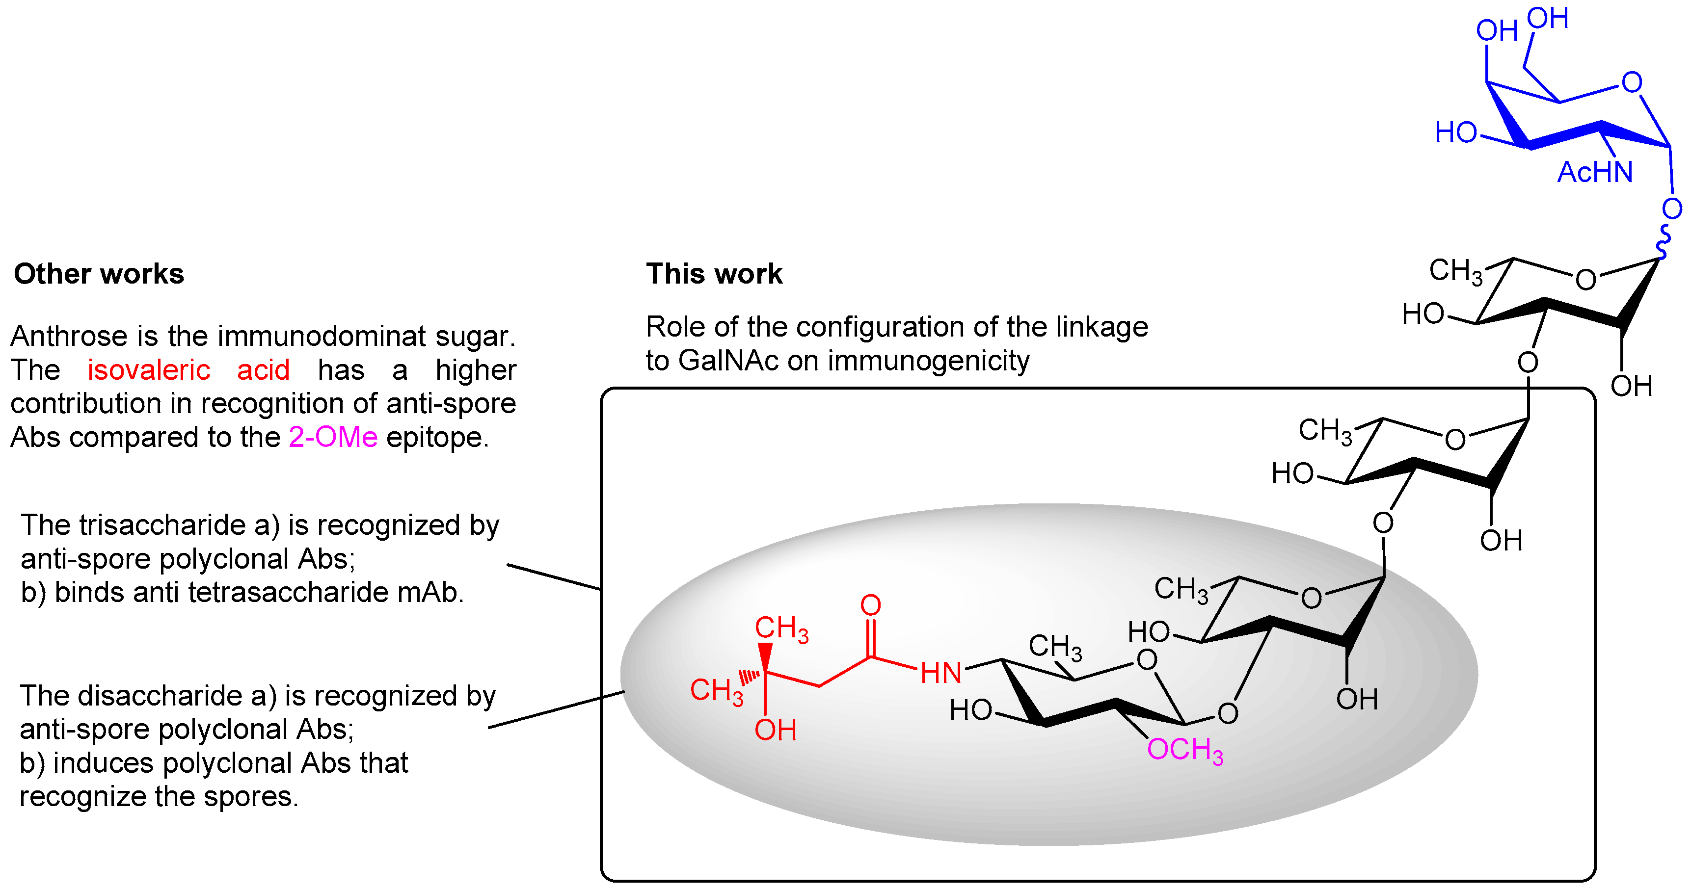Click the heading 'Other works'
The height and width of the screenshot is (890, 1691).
[99, 274]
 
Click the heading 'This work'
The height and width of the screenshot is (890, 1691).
[714, 274]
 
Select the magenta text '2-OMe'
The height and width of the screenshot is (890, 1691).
[333, 437]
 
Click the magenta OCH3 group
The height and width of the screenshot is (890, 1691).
[1185, 750]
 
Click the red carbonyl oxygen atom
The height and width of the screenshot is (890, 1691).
[870, 605]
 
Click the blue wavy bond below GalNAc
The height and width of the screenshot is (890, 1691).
[1664, 241]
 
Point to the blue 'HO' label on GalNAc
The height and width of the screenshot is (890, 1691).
[1455, 133]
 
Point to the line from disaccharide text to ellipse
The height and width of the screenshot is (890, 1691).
[555, 709]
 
